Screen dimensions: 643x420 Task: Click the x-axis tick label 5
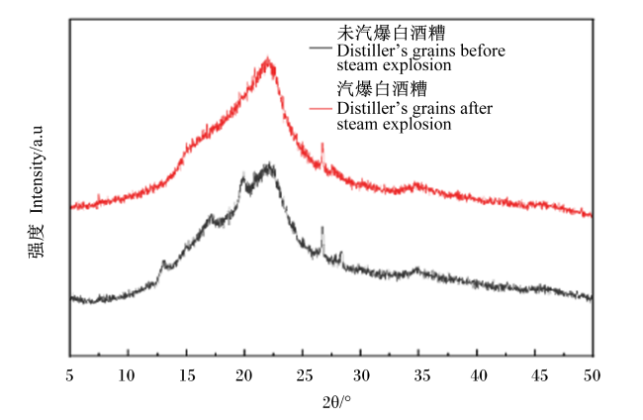point(69,375)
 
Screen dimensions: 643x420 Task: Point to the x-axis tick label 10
point(127,375)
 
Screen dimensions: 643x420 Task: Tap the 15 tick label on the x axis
point(187,375)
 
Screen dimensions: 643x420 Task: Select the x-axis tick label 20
point(244,375)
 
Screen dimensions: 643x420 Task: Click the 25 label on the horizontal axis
point(305,375)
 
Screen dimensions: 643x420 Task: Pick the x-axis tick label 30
point(361,375)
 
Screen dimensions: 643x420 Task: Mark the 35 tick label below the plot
point(421,375)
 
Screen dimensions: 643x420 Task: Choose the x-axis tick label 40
point(478,375)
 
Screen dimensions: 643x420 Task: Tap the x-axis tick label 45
point(538,375)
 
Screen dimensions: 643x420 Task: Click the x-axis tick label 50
point(592,375)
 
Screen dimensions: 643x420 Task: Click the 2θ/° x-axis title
point(336,402)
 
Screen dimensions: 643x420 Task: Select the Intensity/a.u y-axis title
point(36,169)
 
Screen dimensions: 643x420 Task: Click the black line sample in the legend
point(321,48)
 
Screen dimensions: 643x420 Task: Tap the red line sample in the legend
point(321,109)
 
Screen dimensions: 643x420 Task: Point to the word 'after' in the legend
point(477,108)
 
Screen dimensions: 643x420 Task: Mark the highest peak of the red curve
point(268,58)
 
